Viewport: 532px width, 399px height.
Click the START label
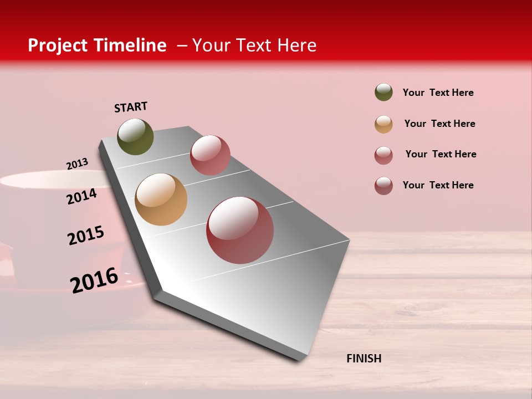pos(131,107)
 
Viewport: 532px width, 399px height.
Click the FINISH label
pos(364,359)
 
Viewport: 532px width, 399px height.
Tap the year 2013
pos(77,164)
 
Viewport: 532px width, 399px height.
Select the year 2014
pos(81,197)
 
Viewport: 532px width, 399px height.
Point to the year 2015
pos(86,236)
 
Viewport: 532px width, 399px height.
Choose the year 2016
pos(94,280)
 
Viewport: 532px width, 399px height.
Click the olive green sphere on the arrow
pos(135,137)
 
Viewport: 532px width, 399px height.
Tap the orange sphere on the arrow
pos(161,199)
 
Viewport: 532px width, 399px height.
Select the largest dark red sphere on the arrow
pos(240,231)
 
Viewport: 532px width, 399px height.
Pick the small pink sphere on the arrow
pos(210,155)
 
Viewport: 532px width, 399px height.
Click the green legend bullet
pos(383,93)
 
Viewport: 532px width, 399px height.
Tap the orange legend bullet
pos(383,124)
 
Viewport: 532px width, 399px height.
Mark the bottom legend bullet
pos(383,186)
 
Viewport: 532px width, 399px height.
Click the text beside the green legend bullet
pos(438,93)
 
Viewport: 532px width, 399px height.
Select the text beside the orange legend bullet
pos(439,124)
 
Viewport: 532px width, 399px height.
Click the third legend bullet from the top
pos(383,155)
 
